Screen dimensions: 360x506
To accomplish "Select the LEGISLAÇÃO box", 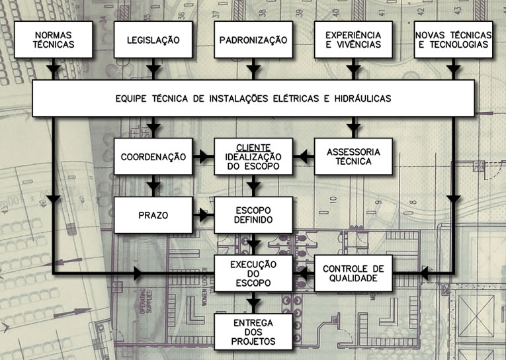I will [153, 40].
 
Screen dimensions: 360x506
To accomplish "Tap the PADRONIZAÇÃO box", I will [253, 40].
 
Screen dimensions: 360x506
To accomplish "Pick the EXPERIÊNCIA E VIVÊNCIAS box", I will [353, 40].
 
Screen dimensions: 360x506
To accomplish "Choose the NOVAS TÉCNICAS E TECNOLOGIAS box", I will [453, 40].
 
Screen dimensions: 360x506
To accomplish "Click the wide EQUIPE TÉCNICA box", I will [253, 99].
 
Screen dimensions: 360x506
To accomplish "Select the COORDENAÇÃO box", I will [153, 157].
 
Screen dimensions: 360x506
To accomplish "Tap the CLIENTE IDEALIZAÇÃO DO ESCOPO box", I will [253, 156].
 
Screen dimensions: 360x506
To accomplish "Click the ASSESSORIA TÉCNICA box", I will [353, 156].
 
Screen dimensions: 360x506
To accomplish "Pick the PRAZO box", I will [153, 215].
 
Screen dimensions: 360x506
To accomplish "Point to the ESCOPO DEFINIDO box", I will [253, 214].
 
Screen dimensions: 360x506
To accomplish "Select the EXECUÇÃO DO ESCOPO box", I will [253, 273].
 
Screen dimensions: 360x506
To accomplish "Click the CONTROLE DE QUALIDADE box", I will [353, 273].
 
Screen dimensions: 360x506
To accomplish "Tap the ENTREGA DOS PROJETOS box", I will [253, 332].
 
